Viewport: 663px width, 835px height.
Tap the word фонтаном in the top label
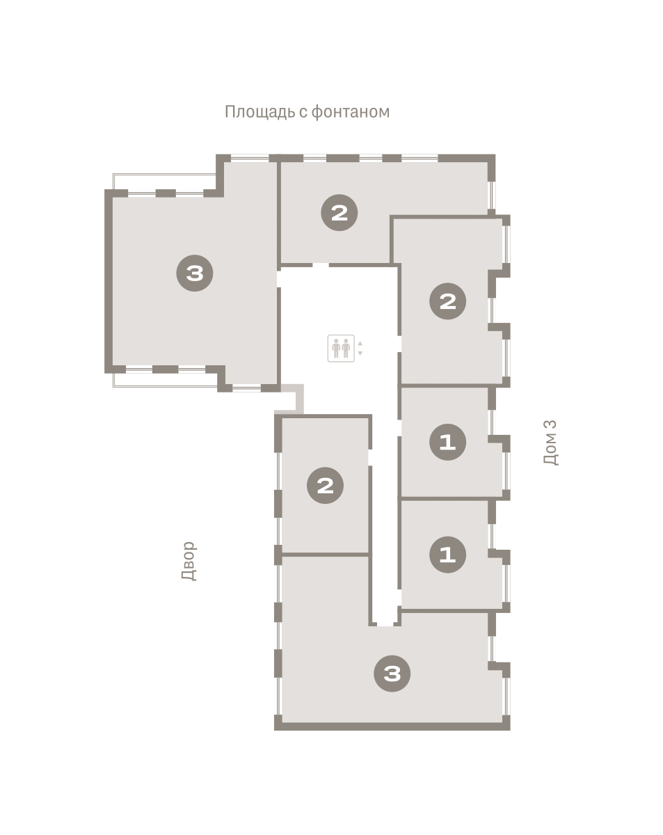[x=350, y=112]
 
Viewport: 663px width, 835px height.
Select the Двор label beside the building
[x=189, y=561]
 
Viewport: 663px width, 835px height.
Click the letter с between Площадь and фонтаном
[x=303, y=113]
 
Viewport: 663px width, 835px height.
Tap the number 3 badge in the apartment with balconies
[x=195, y=273]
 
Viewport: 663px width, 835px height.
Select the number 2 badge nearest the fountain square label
[x=340, y=213]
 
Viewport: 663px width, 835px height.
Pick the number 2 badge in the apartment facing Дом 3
[x=448, y=301]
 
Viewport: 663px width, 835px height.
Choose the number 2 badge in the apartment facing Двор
[x=325, y=486]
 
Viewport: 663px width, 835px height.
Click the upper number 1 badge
[x=448, y=442]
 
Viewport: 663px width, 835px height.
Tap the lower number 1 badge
[x=448, y=555]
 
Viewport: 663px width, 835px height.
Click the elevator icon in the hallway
[x=341, y=348]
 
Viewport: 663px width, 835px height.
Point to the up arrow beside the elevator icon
[x=360, y=343]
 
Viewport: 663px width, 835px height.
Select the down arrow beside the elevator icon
[x=360, y=353]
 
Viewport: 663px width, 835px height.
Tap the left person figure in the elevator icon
[x=336, y=348]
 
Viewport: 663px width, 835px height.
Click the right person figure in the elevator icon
[x=346, y=348]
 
